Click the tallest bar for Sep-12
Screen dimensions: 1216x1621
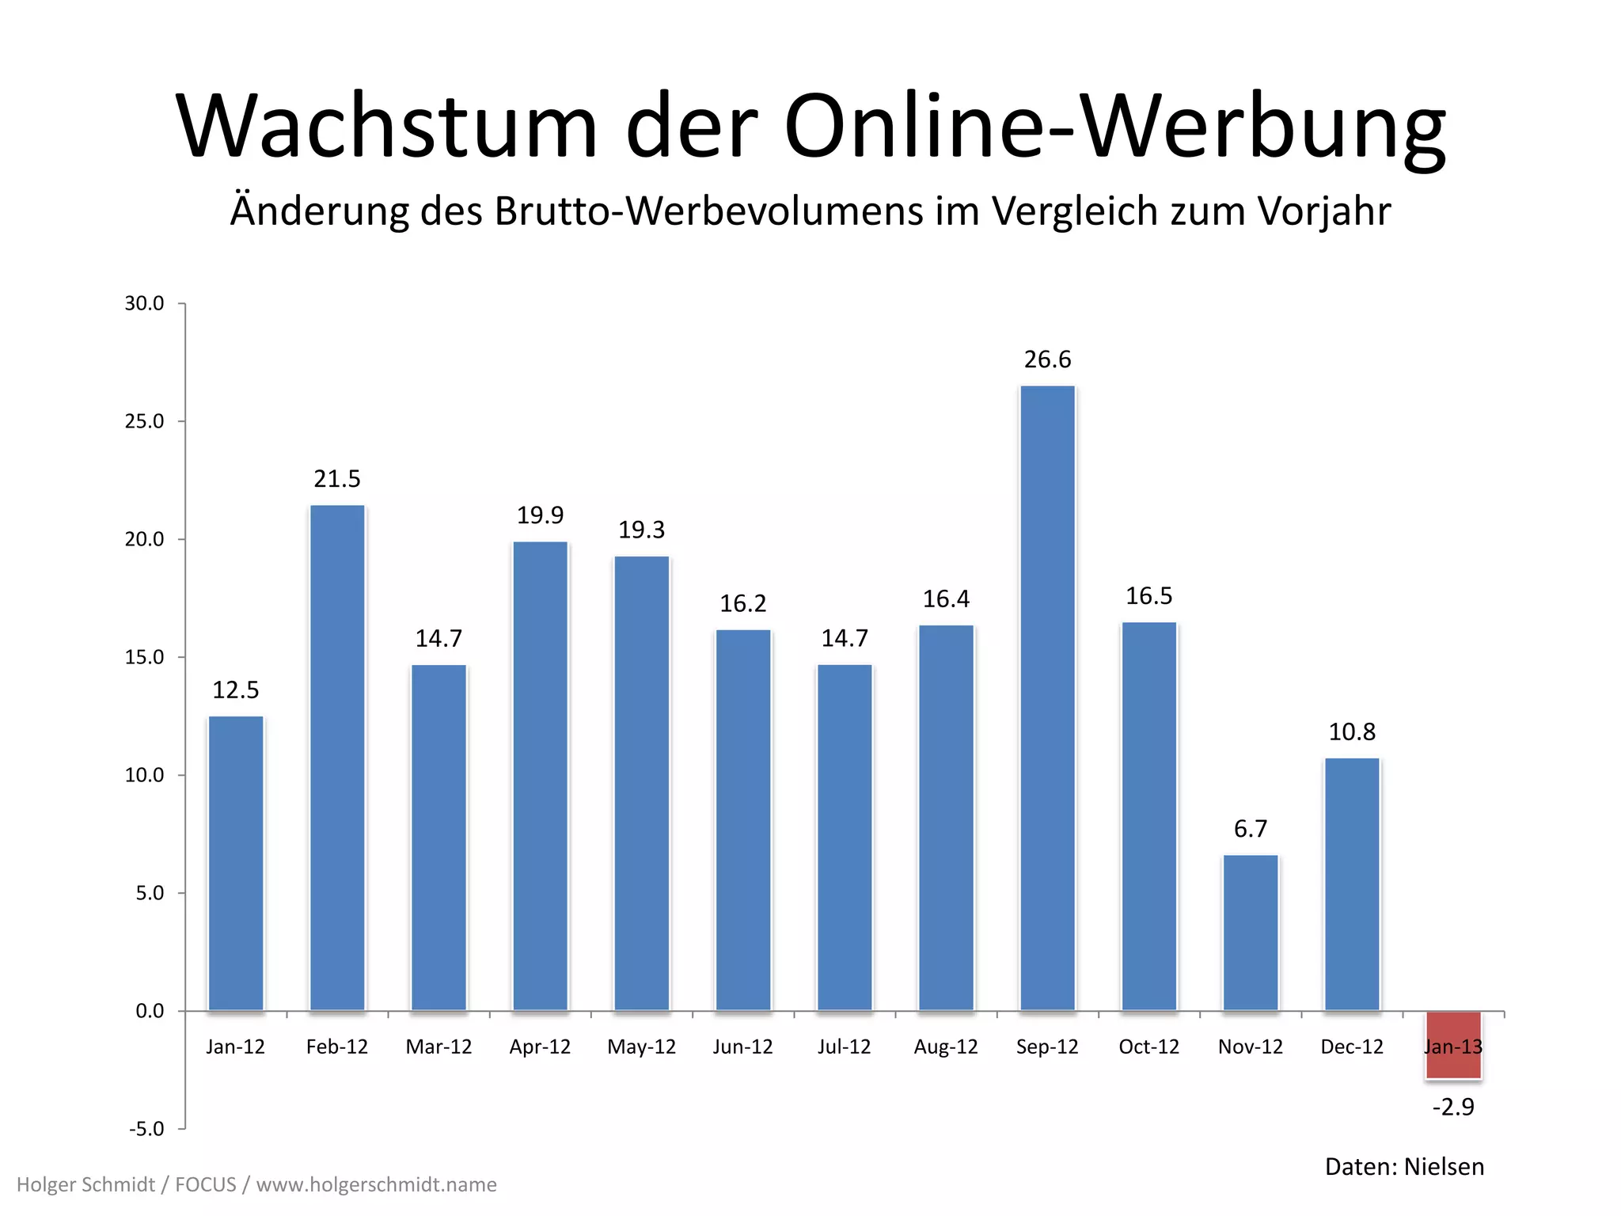coord(1047,697)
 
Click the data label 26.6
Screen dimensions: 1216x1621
coord(1047,359)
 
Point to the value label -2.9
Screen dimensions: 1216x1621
coord(1453,1107)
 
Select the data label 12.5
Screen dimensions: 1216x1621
coord(236,690)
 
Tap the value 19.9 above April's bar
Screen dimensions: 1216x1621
coord(540,515)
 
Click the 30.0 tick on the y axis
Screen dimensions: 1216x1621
coord(144,303)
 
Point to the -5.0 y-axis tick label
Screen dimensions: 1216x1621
coord(146,1128)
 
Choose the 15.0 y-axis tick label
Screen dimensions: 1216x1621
coord(144,657)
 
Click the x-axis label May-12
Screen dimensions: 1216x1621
coord(641,1047)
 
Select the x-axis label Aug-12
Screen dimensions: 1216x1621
coord(946,1047)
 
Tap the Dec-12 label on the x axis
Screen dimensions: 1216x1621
coord(1352,1047)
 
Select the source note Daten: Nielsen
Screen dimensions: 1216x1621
coord(1404,1167)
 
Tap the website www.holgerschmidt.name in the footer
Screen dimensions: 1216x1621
coord(377,1184)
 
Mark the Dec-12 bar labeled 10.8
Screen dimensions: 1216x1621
coord(1352,883)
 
